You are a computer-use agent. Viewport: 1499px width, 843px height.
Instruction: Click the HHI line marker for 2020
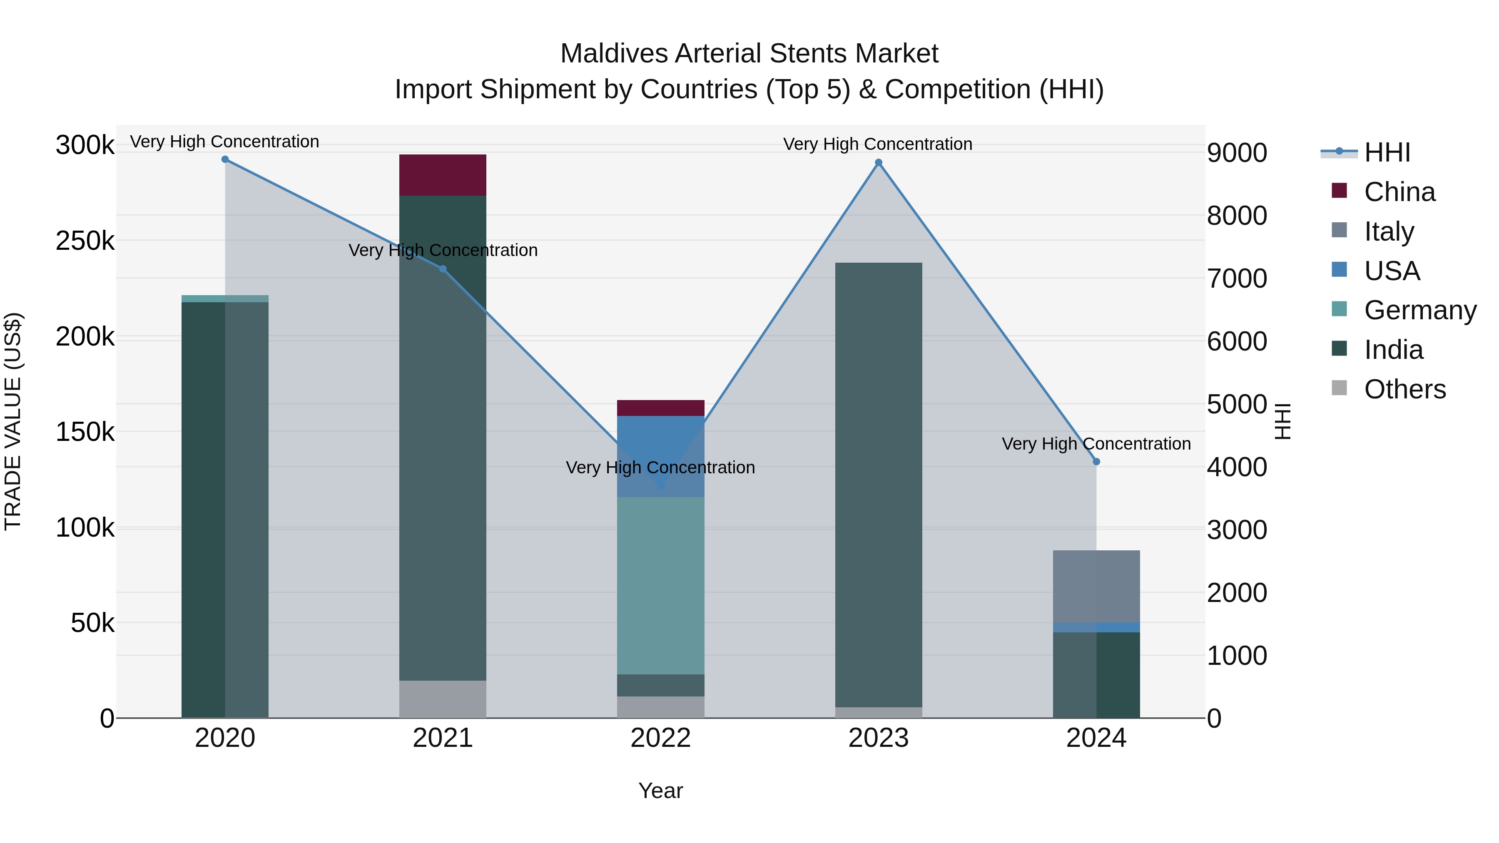(x=225, y=159)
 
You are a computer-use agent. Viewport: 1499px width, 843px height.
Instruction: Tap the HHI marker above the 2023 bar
(x=879, y=163)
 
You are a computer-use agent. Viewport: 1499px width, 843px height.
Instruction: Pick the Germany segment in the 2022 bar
(x=660, y=585)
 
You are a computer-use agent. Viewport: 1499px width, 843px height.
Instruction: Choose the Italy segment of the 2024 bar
(x=1096, y=586)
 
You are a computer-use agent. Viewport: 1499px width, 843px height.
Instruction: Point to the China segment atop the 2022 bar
(x=660, y=408)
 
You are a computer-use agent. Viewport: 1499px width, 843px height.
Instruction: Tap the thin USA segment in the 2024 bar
(x=1096, y=627)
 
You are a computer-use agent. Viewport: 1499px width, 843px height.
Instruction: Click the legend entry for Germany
(x=1420, y=310)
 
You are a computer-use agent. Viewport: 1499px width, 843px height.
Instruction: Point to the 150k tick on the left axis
(x=85, y=432)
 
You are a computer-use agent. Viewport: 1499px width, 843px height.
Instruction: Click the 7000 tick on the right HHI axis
(x=1237, y=279)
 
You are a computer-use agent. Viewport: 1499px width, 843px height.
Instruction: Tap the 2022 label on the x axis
(x=660, y=738)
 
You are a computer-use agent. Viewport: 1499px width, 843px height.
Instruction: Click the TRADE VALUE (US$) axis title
(x=13, y=421)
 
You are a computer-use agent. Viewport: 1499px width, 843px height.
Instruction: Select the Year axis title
(x=660, y=791)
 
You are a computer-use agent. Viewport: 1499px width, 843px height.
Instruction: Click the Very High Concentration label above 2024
(x=1096, y=444)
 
